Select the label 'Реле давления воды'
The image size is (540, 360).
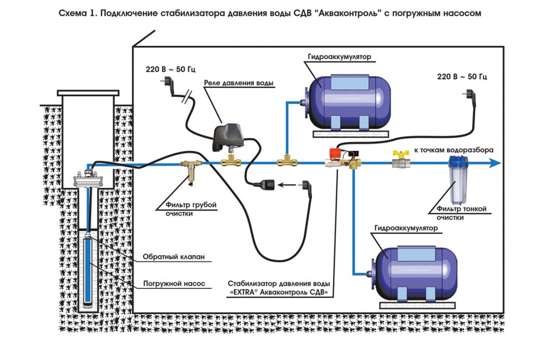point(238,83)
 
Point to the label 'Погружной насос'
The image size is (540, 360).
point(174,284)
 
